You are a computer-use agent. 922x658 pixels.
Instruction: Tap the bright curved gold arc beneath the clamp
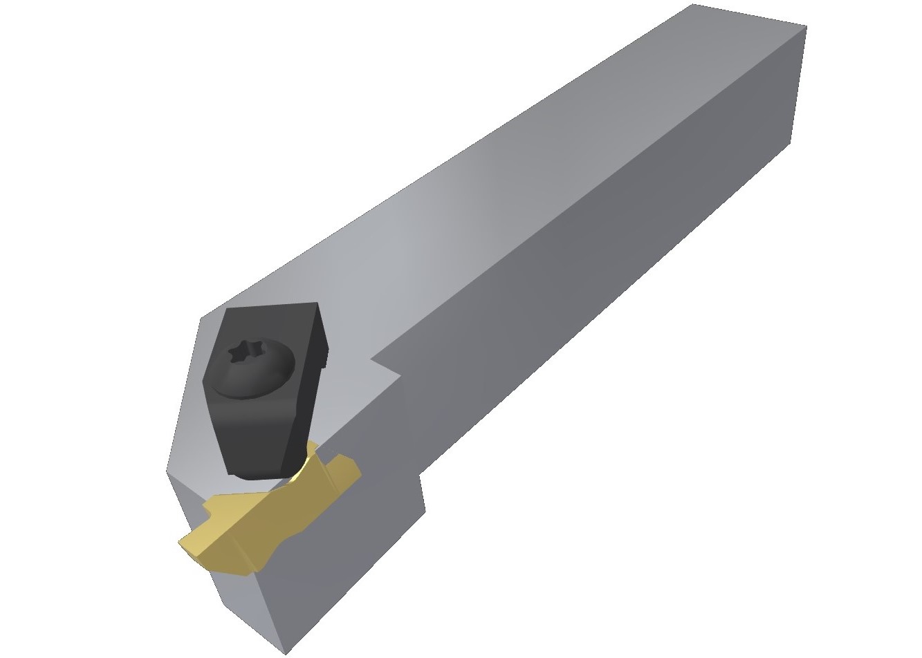tap(301, 470)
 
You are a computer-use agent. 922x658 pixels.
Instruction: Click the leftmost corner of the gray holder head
tap(167, 473)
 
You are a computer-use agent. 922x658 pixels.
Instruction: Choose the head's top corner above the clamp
tap(201, 319)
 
